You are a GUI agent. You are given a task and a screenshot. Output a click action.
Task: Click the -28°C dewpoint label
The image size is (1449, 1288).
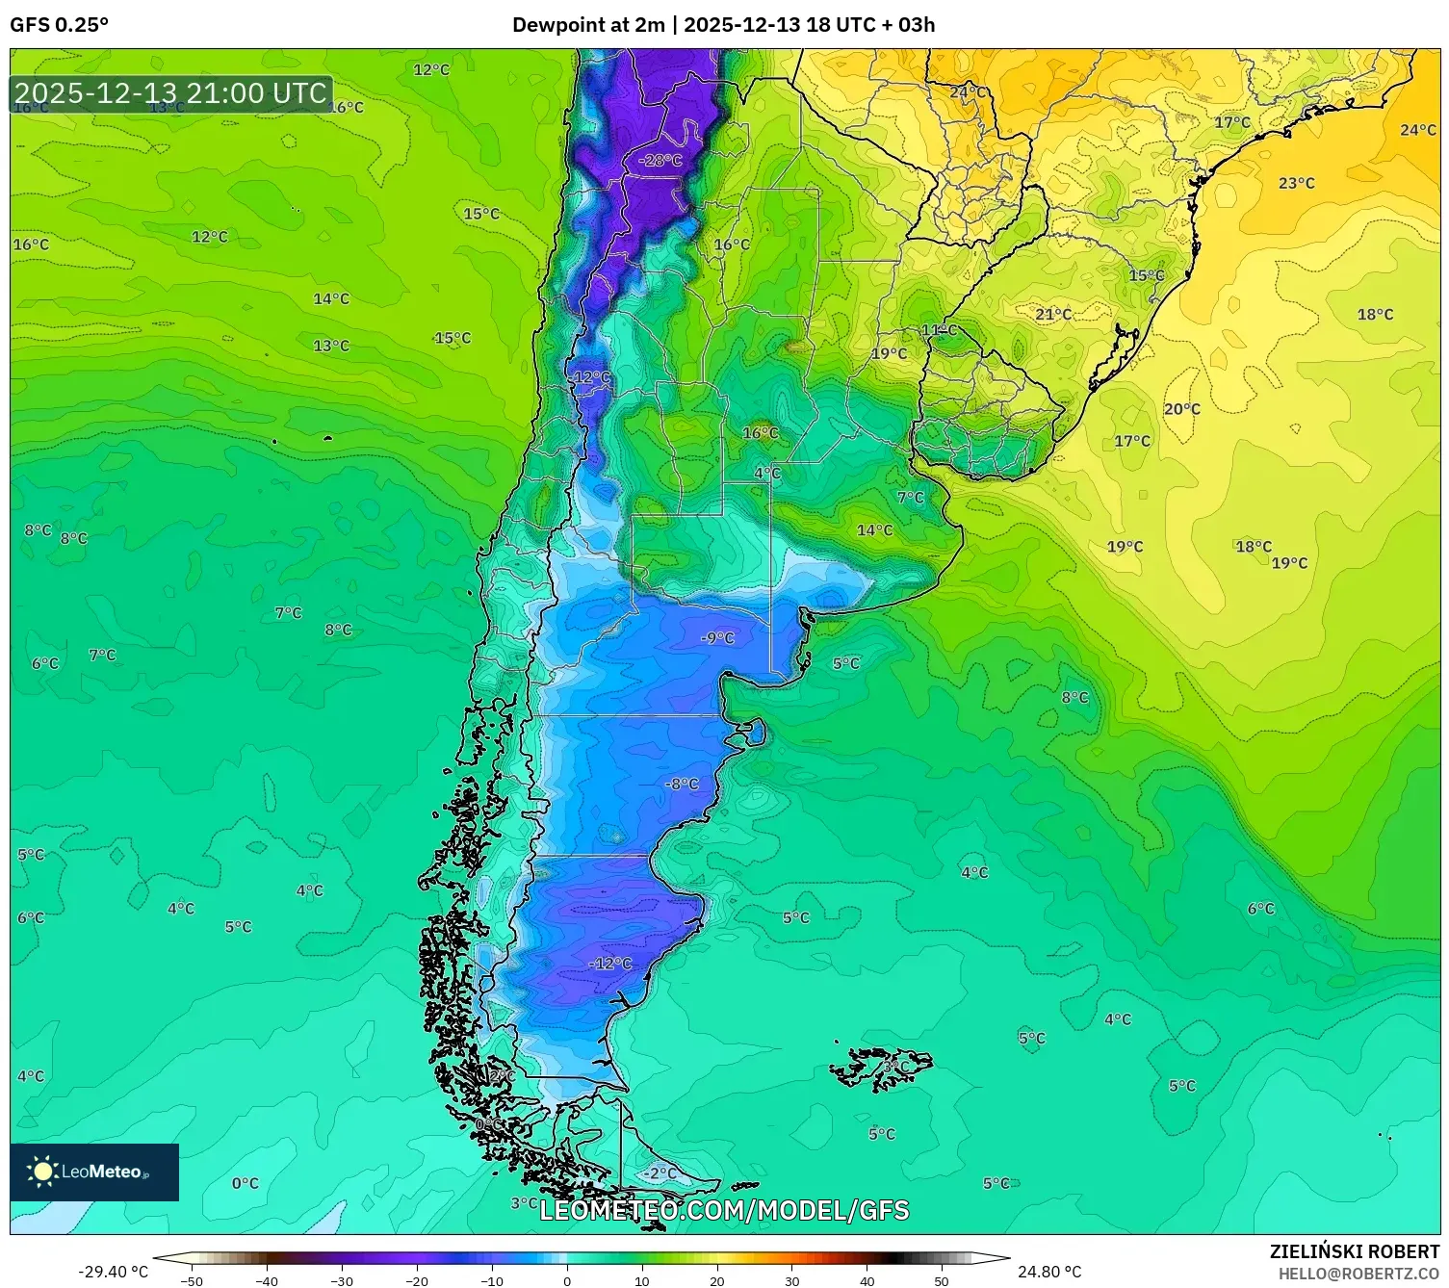click(x=660, y=160)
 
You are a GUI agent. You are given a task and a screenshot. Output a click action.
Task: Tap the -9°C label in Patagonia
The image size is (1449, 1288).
click(x=717, y=637)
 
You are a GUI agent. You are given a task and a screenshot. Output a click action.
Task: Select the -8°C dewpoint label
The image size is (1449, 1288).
click(x=682, y=784)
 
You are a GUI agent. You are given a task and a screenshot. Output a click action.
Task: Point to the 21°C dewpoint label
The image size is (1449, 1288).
click(x=1053, y=314)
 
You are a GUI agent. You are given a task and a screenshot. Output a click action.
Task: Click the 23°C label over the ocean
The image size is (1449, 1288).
click(x=1296, y=183)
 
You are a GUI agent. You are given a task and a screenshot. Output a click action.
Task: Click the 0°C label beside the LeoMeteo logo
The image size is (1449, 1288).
click(x=246, y=1183)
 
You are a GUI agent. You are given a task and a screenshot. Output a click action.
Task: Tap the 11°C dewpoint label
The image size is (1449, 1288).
click(x=940, y=330)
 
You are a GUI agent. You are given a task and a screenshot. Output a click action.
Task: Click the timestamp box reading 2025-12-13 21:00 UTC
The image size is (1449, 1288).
click(x=171, y=93)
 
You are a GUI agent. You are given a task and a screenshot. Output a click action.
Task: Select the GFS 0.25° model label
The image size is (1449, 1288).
click(x=60, y=25)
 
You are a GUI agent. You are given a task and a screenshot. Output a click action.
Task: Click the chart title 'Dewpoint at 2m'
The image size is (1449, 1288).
click(x=587, y=25)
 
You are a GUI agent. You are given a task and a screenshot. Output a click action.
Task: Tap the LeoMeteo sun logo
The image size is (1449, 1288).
click(x=42, y=1172)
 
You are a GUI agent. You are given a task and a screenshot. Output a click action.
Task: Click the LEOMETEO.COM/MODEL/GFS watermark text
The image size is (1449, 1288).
click(x=724, y=1210)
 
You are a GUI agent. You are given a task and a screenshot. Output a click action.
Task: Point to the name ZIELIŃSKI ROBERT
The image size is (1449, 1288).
click(x=1355, y=1251)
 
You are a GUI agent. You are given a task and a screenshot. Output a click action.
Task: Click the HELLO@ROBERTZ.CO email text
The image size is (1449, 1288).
click(x=1358, y=1274)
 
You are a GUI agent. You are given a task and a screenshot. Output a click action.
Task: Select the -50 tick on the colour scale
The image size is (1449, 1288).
click(x=192, y=1280)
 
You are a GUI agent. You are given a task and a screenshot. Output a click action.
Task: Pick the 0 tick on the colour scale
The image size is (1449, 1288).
click(x=566, y=1280)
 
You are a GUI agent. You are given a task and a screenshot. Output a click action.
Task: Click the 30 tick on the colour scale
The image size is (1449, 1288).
click(x=791, y=1280)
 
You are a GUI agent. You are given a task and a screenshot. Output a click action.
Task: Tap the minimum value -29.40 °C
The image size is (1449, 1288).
click(x=113, y=1272)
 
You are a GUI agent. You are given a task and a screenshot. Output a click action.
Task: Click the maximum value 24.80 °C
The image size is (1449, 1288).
click(x=1049, y=1272)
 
